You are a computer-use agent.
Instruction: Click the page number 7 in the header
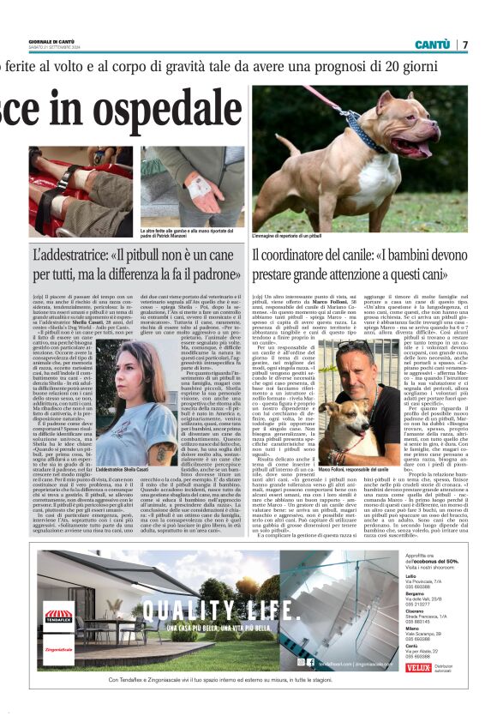coord(466,45)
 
